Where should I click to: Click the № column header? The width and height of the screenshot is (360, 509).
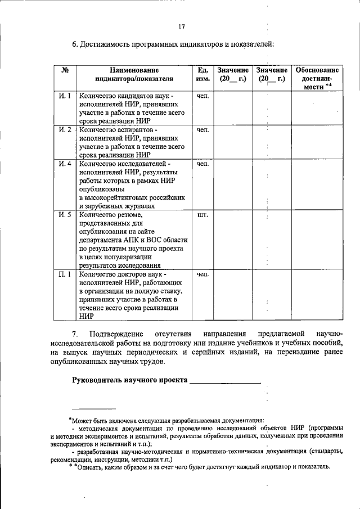tap(65, 70)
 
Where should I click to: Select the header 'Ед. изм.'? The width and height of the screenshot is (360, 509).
tap(203, 74)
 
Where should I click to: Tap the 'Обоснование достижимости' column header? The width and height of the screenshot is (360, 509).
tap(317, 78)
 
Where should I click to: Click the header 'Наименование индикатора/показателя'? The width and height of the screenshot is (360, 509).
tap(134, 74)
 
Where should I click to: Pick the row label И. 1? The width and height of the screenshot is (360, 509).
tap(65, 96)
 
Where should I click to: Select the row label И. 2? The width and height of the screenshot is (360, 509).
tap(65, 130)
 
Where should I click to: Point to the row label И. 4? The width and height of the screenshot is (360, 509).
tap(65, 164)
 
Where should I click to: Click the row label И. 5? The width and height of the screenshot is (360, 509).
tap(65, 214)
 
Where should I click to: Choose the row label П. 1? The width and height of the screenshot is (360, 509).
tap(65, 274)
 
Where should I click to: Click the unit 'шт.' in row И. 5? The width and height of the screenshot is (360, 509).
tap(203, 214)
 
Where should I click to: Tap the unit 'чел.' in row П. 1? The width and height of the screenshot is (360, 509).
tap(203, 274)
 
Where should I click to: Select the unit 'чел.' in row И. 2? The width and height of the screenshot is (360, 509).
tap(203, 130)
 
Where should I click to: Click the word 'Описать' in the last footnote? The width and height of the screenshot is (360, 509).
tap(91, 467)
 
